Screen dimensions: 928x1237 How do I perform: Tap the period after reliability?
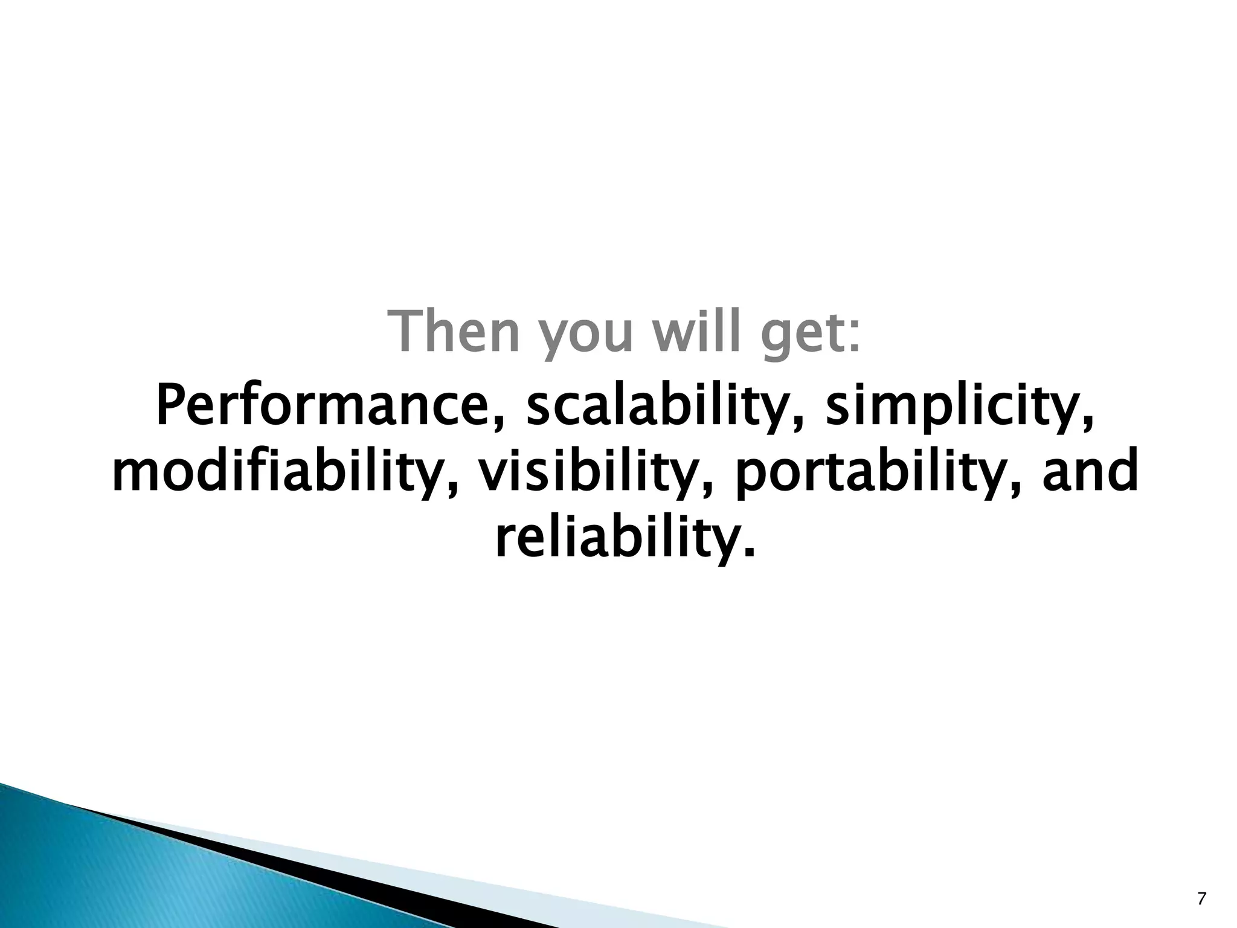(750, 553)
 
